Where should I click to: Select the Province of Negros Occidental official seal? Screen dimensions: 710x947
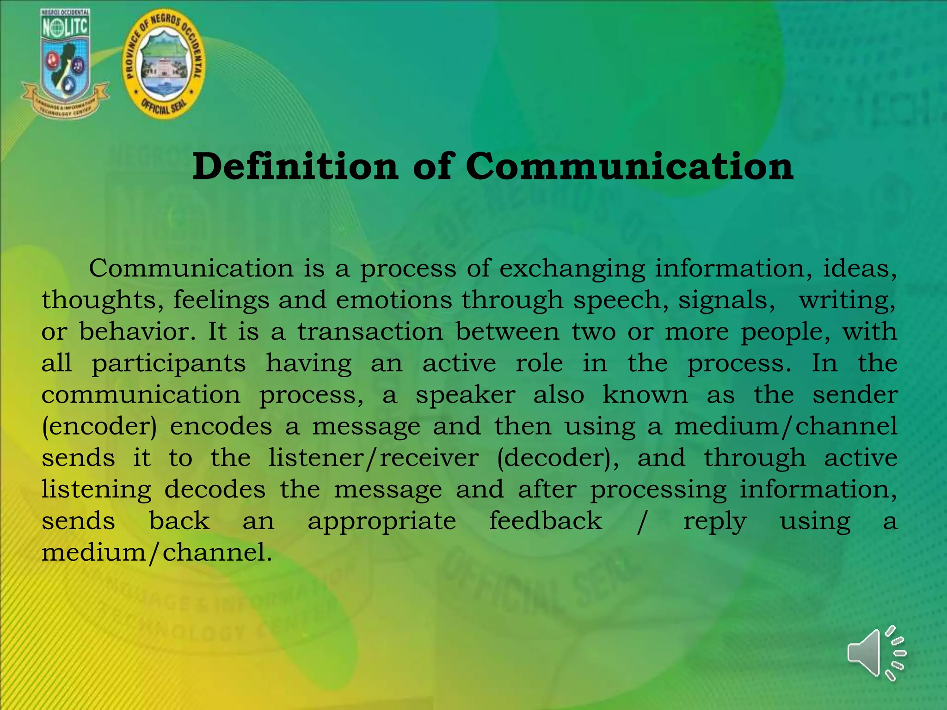pos(164,63)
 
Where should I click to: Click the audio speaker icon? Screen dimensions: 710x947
pos(876,653)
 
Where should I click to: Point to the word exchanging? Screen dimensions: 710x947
pos(572,269)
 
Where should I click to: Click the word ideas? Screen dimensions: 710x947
pos(860,269)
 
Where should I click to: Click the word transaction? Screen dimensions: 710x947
pos(370,331)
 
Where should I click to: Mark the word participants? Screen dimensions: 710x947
pos(169,364)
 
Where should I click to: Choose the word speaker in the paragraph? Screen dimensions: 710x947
pos(465,395)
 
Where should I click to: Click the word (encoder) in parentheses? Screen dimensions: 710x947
pos(99,427)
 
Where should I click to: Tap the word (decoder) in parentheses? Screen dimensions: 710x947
pos(558,458)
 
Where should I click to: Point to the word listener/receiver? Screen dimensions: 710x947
pos(374,458)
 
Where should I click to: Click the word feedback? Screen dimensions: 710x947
pos(546,521)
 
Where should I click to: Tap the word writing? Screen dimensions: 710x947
pos(847,300)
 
